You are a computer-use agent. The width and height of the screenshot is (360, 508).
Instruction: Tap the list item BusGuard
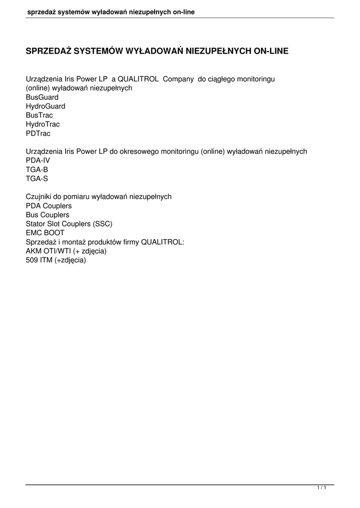(42, 97)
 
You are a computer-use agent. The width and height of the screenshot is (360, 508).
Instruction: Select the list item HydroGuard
(46, 106)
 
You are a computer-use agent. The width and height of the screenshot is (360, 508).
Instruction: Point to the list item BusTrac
(39, 115)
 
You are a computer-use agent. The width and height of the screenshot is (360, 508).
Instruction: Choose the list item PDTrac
(38, 133)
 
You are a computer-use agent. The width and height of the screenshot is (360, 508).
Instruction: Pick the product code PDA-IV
(38, 161)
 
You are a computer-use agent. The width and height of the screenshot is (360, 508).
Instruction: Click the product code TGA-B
(37, 170)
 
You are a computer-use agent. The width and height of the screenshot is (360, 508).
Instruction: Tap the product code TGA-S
(37, 179)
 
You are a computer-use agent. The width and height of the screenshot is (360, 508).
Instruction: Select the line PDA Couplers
(49, 206)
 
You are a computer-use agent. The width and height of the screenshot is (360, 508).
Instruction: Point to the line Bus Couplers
(48, 215)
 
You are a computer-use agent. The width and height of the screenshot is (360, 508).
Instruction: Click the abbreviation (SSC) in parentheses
(102, 224)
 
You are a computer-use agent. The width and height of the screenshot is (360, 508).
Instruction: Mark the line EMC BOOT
(45, 233)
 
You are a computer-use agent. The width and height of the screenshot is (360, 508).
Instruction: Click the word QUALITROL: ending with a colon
(163, 242)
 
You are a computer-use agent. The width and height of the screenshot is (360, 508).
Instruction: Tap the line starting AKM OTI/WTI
(66, 251)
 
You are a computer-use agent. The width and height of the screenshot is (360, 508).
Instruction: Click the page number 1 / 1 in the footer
(321, 489)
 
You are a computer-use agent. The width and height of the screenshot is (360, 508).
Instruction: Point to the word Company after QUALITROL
(178, 79)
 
